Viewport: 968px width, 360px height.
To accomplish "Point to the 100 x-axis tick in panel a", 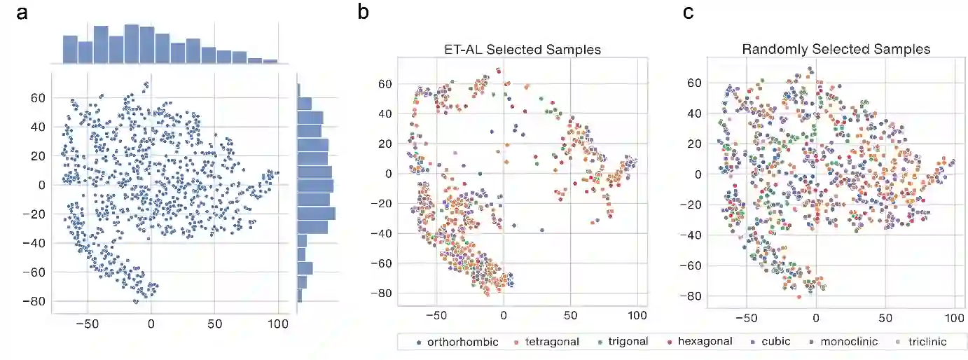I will tap(278, 324).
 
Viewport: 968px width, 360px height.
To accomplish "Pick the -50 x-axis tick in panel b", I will tap(436, 317).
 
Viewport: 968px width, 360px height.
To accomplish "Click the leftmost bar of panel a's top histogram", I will tap(70, 49).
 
